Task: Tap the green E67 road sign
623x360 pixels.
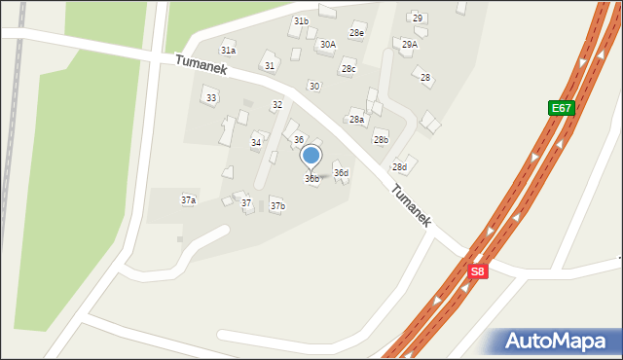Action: click(x=562, y=108)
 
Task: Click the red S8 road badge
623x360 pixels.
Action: click(x=476, y=272)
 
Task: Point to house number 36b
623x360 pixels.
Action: click(x=311, y=179)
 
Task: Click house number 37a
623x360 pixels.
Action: click(x=188, y=200)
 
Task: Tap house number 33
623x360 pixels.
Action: click(x=211, y=98)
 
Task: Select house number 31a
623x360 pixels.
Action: click(x=228, y=51)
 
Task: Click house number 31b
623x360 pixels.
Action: click(x=301, y=21)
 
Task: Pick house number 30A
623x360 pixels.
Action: click(x=327, y=45)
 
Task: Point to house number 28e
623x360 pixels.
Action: click(x=357, y=33)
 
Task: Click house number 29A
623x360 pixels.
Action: click(x=409, y=45)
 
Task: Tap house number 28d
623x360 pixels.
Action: click(x=399, y=167)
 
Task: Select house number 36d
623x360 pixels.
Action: click(x=341, y=173)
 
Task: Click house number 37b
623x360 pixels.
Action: click(x=277, y=206)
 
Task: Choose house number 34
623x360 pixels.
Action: click(x=256, y=143)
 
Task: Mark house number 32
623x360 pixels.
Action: click(x=277, y=105)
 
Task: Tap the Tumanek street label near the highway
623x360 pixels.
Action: click(x=412, y=207)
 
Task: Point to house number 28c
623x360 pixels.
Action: click(x=348, y=69)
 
